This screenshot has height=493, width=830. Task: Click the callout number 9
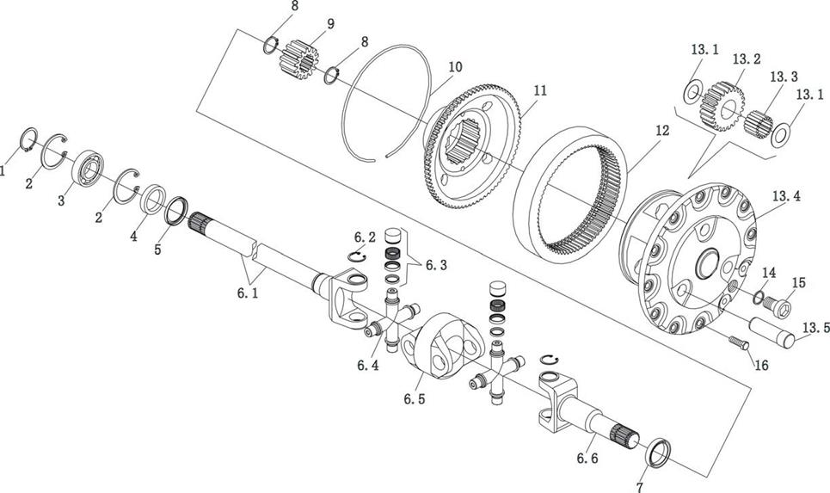pyautogui.click(x=331, y=24)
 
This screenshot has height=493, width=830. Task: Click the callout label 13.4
pyautogui.click(x=786, y=196)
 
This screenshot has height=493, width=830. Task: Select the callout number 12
pyautogui.click(x=661, y=130)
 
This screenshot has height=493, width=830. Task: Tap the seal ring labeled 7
pyautogui.click(x=658, y=453)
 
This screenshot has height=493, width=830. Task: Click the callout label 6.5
pyautogui.click(x=414, y=398)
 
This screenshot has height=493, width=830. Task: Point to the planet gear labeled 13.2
pyautogui.click(x=722, y=106)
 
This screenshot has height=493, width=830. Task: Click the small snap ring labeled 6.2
pyautogui.click(x=357, y=256)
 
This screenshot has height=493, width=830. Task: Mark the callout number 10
pyautogui.click(x=455, y=67)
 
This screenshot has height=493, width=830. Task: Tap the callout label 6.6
pyautogui.click(x=587, y=458)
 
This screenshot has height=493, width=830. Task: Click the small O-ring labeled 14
pyautogui.click(x=758, y=298)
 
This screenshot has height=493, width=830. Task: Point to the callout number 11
pyautogui.click(x=540, y=90)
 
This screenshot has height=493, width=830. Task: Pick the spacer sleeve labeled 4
pyautogui.click(x=153, y=199)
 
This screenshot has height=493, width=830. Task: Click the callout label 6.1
pyautogui.click(x=248, y=293)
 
